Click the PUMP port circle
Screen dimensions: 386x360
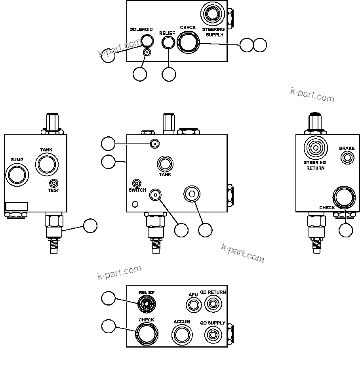[17, 174]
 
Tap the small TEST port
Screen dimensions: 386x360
[53, 183]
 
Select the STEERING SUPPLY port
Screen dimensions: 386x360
[213, 14]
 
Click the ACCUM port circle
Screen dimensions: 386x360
[182, 335]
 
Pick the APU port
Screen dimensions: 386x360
[193, 305]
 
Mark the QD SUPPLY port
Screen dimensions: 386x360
[213, 335]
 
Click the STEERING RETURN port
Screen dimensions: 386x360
[315, 148]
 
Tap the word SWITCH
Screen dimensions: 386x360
[137, 190]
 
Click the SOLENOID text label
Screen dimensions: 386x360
[141, 29]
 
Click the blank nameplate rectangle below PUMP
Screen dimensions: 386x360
[17, 206]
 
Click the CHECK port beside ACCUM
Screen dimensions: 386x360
[146, 334]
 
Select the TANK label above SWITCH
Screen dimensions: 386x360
[165, 174]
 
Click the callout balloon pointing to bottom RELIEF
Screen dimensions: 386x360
[108, 298]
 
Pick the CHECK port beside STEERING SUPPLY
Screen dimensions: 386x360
[188, 41]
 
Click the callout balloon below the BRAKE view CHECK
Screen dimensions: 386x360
[346, 230]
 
